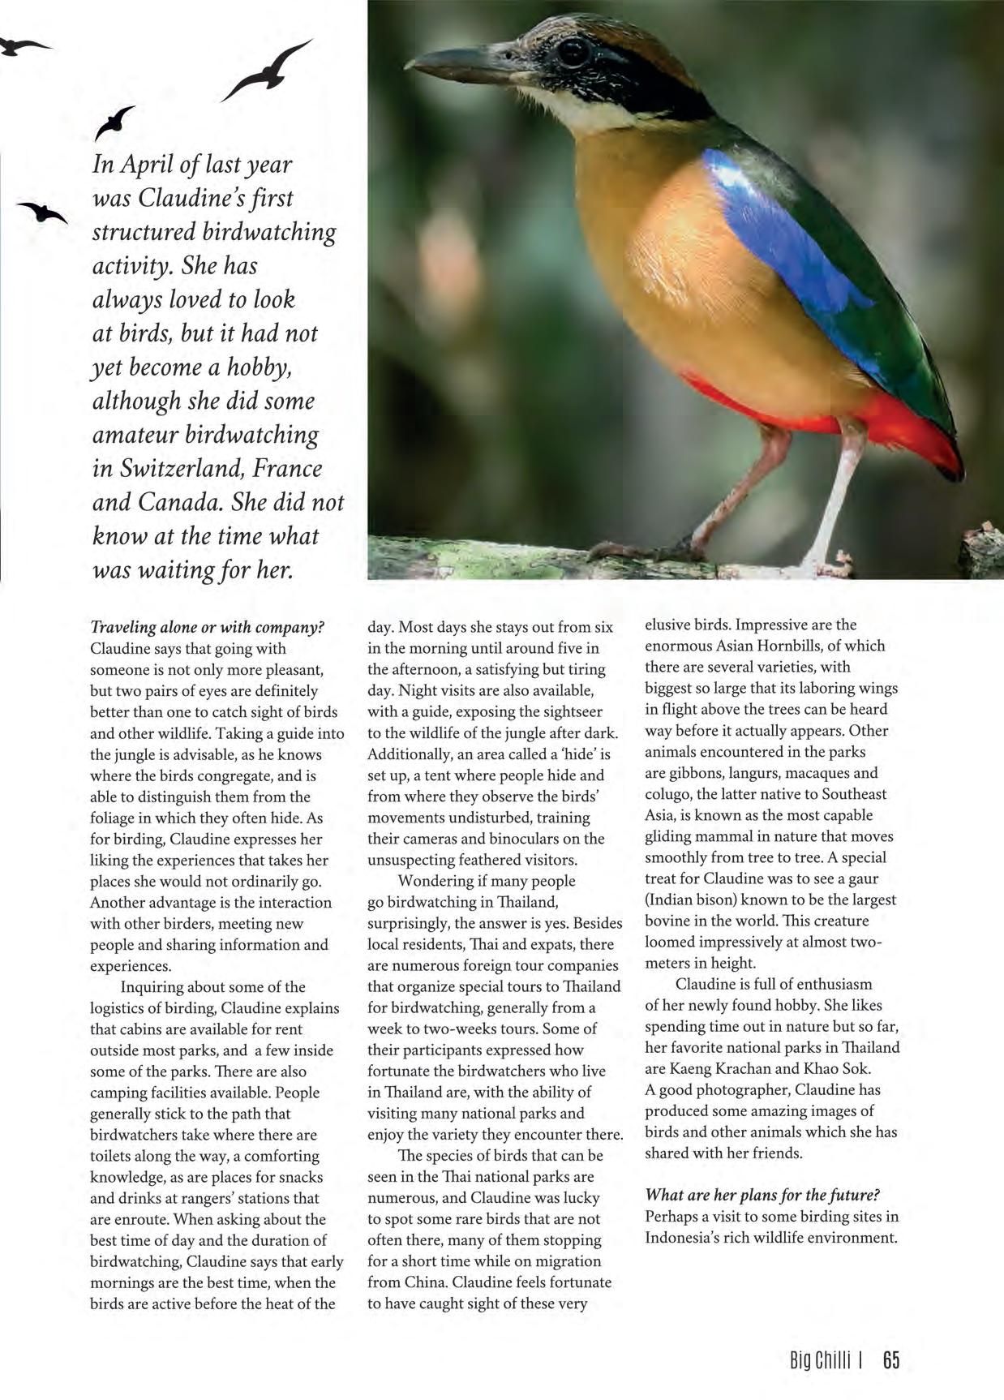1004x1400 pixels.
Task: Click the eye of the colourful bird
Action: point(573,51)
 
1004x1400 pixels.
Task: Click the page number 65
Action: point(891,1360)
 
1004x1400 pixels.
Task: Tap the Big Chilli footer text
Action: point(820,1360)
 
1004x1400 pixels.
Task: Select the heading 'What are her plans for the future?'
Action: point(762,1196)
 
